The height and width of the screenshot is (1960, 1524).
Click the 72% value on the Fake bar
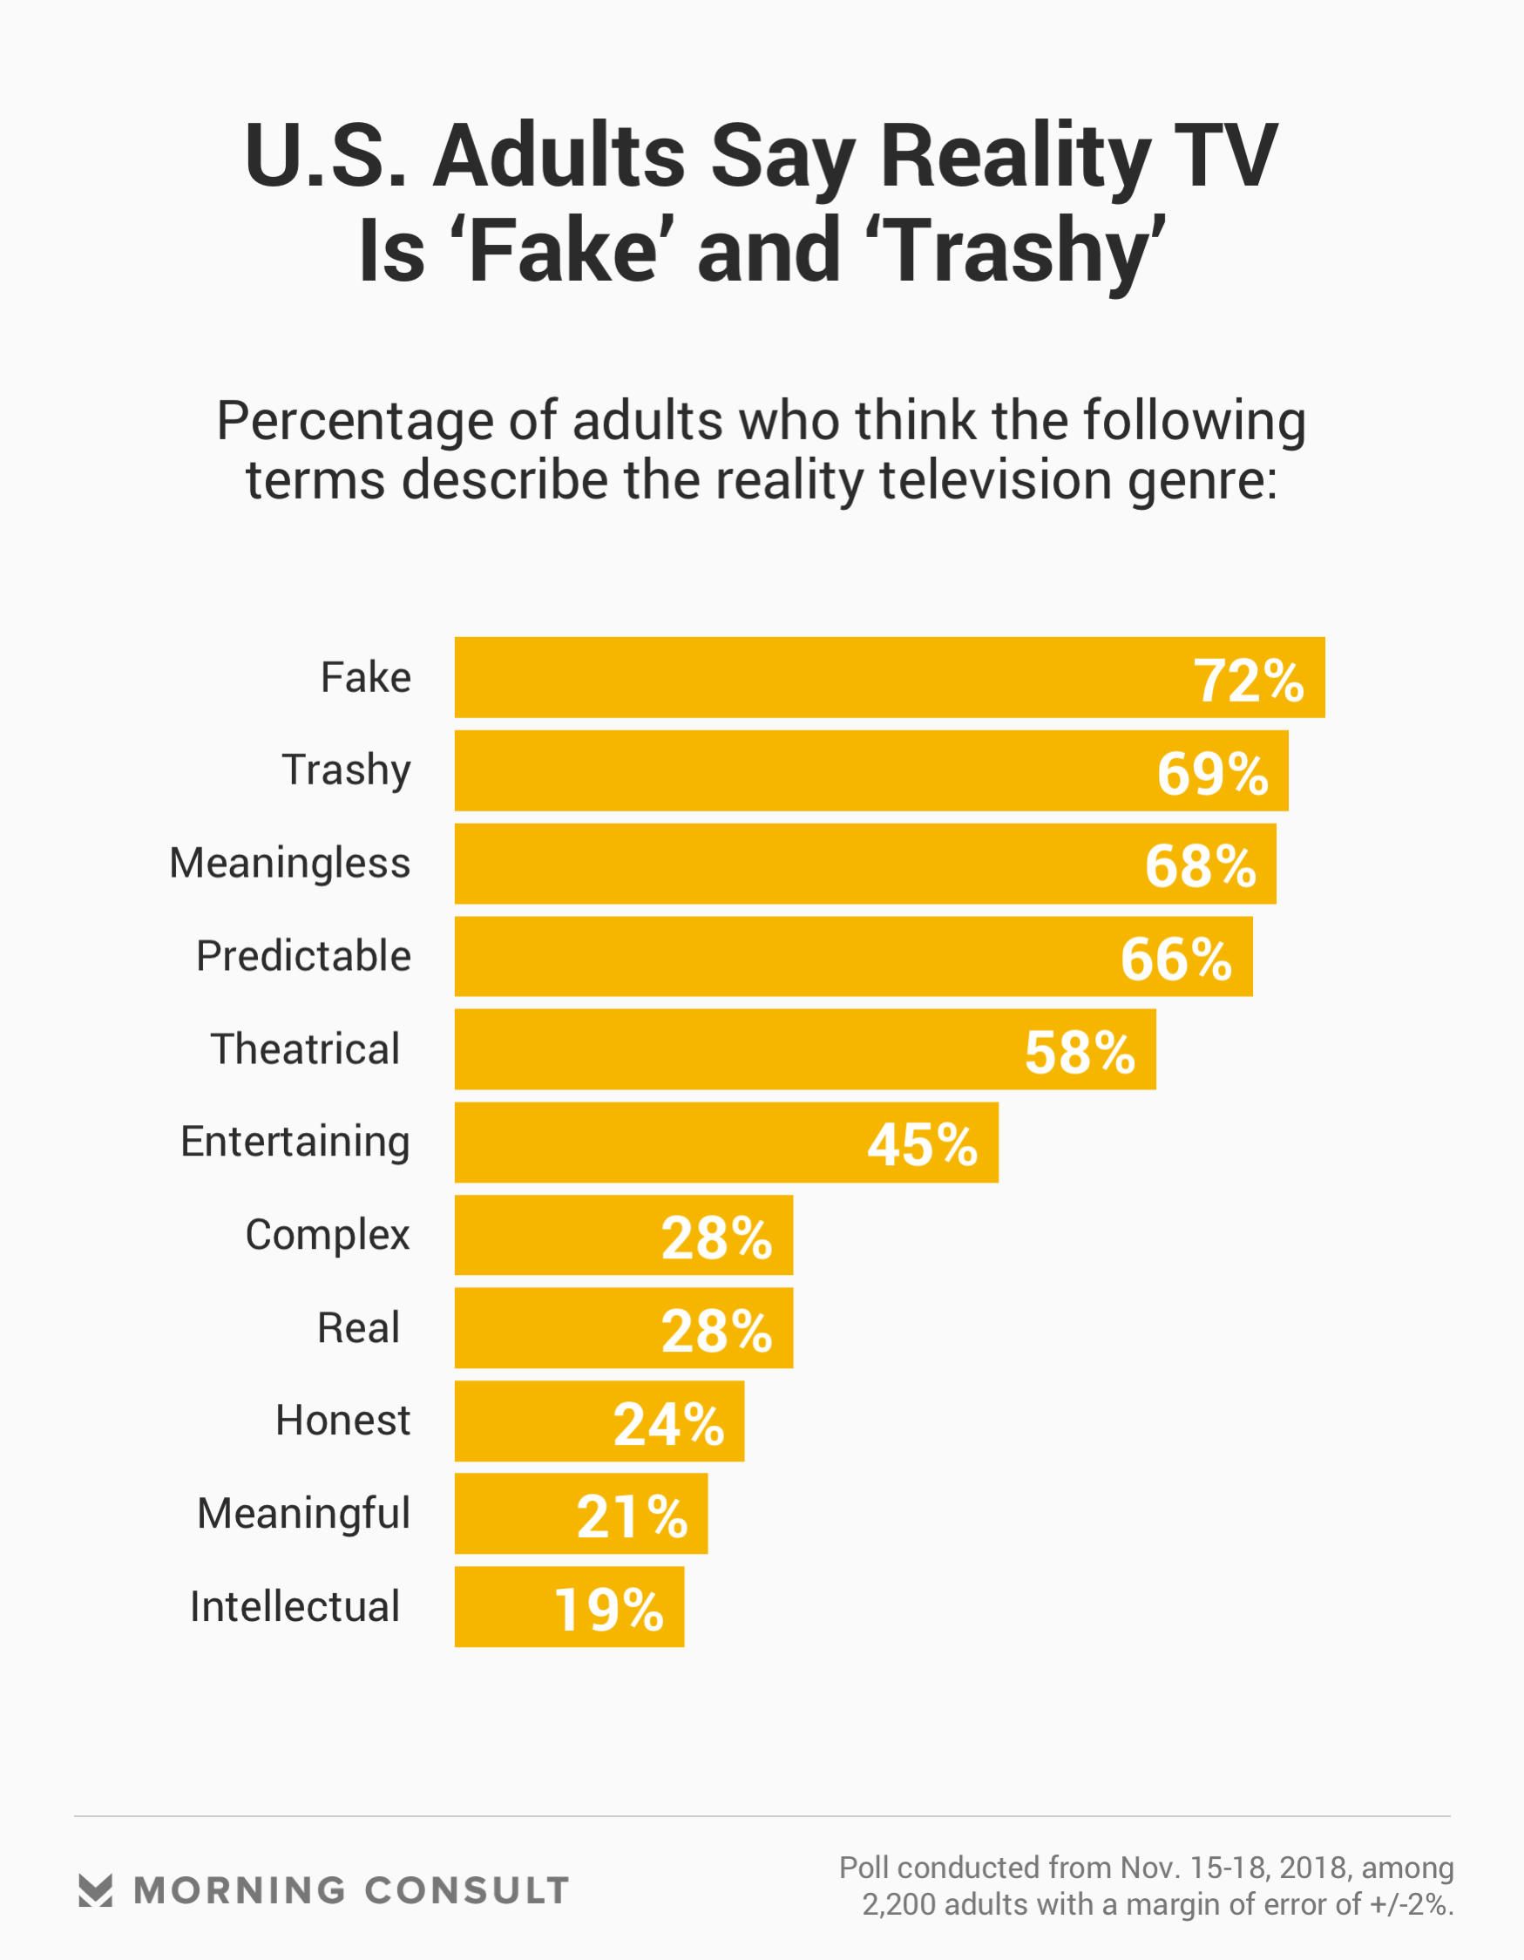(x=1248, y=682)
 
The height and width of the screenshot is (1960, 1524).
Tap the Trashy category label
(x=347, y=770)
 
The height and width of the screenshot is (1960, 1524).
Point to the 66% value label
(x=1175, y=960)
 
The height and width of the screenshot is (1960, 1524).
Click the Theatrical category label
(x=305, y=1049)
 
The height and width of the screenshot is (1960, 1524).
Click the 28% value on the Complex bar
(x=716, y=1238)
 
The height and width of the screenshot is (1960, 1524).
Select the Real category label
(x=358, y=1328)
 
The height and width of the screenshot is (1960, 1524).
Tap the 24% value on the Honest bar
(x=667, y=1424)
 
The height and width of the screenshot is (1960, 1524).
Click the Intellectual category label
(x=295, y=1606)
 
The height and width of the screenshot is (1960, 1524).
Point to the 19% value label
(x=608, y=1610)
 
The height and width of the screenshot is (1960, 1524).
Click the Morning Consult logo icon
(x=95, y=1890)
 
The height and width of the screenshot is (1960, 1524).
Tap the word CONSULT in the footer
(x=467, y=1891)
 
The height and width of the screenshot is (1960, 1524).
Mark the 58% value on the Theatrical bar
(x=1080, y=1053)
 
